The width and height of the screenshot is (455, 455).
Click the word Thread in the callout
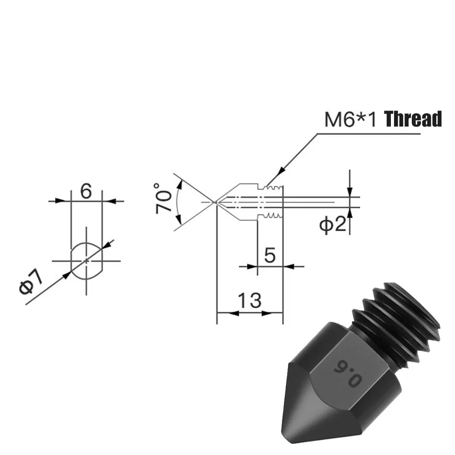pyautogui.click(x=414, y=119)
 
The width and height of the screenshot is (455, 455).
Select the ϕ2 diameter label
pyautogui.click(x=332, y=224)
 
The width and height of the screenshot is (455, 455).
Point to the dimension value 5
pyautogui.click(x=270, y=255)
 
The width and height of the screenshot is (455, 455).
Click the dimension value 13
pyautogui.click(x=250, y=300)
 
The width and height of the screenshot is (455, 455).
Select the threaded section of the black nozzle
pyautogui.click(x=400, y=318)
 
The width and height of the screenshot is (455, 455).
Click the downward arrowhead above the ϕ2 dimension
pyautogui.click(x=349, y=192)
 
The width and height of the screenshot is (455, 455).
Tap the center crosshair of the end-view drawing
pyautogui.click(x=86, y=261)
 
